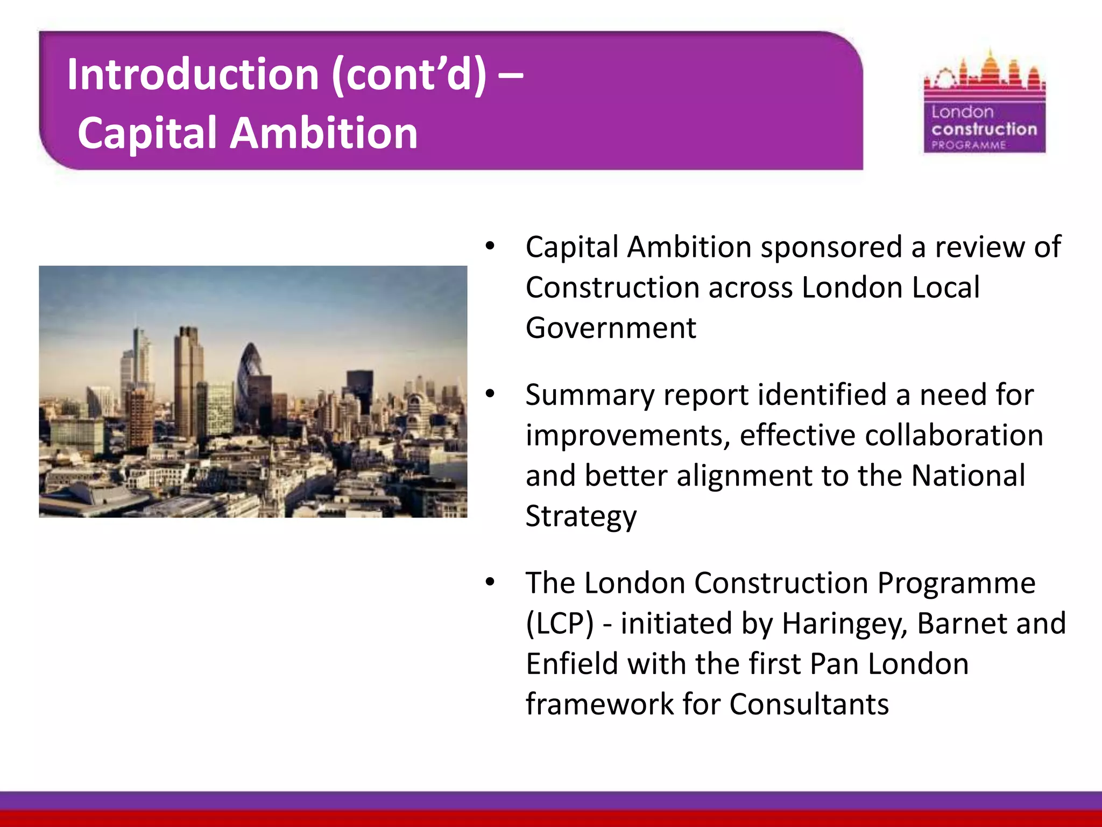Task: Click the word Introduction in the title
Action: [x=193, y=75]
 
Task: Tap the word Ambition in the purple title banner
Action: [x=324, y=133]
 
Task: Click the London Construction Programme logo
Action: [x=984, y=102]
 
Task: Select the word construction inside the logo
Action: [x=984, y=129]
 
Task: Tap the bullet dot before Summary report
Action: [x=490, y=395]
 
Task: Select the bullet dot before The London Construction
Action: [x=490, y=583]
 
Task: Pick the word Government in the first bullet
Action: [x=611, y=328]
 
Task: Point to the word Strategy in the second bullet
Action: [x=581, y=516]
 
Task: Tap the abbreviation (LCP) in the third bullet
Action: [x=560, y=623]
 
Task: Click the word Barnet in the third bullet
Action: [x=955, y=623]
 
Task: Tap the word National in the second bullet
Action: [x=968, y=476]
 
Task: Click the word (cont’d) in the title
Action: [x=409, y=75]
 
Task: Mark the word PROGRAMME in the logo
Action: [x=969, y=145]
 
